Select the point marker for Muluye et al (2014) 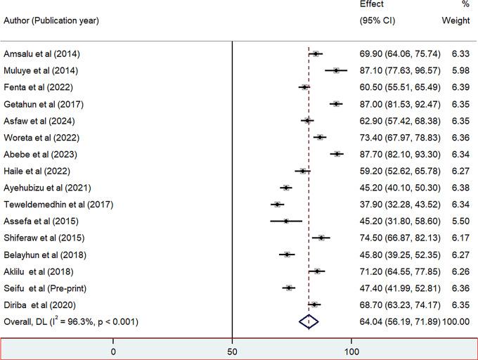coord(336,70)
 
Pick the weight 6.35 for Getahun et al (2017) coord(460,104)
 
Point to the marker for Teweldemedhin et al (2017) coord(277,205)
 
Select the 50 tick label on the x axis coord(233,350)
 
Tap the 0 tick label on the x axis coord(113,350)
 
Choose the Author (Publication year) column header coord(51,20)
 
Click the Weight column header coord(456,20)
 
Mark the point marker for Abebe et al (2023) coord(337,154)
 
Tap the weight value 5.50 coord(460,221)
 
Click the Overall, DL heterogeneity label coord(71,322)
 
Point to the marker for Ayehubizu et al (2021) coord(285,188)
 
